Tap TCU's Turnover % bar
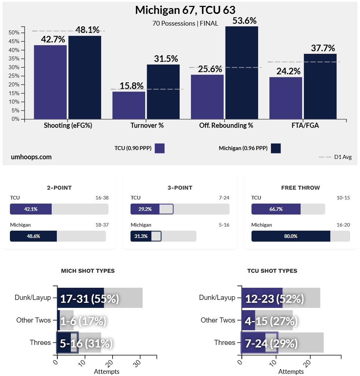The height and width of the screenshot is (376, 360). (129, 105)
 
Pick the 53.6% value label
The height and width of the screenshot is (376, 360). (245, 21)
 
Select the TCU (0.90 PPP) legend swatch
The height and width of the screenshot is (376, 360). (159, 148)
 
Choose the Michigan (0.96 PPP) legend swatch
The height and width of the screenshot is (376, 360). (276, 148)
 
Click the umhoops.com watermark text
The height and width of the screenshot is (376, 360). (32, 157)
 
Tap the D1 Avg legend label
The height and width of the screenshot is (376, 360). (343, 157)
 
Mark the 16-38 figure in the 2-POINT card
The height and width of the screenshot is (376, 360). (102, 198)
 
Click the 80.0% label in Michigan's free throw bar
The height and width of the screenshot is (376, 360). (291, 236)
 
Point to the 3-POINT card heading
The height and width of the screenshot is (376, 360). (180, 188)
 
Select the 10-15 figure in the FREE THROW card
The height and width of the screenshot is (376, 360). (343, 198)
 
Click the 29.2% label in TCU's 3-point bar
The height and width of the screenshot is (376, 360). (145, 209)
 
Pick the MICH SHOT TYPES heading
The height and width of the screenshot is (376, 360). (88, 271)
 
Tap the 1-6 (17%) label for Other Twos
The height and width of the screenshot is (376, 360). (83, 321)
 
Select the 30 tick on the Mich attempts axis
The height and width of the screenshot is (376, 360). (139, 362)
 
